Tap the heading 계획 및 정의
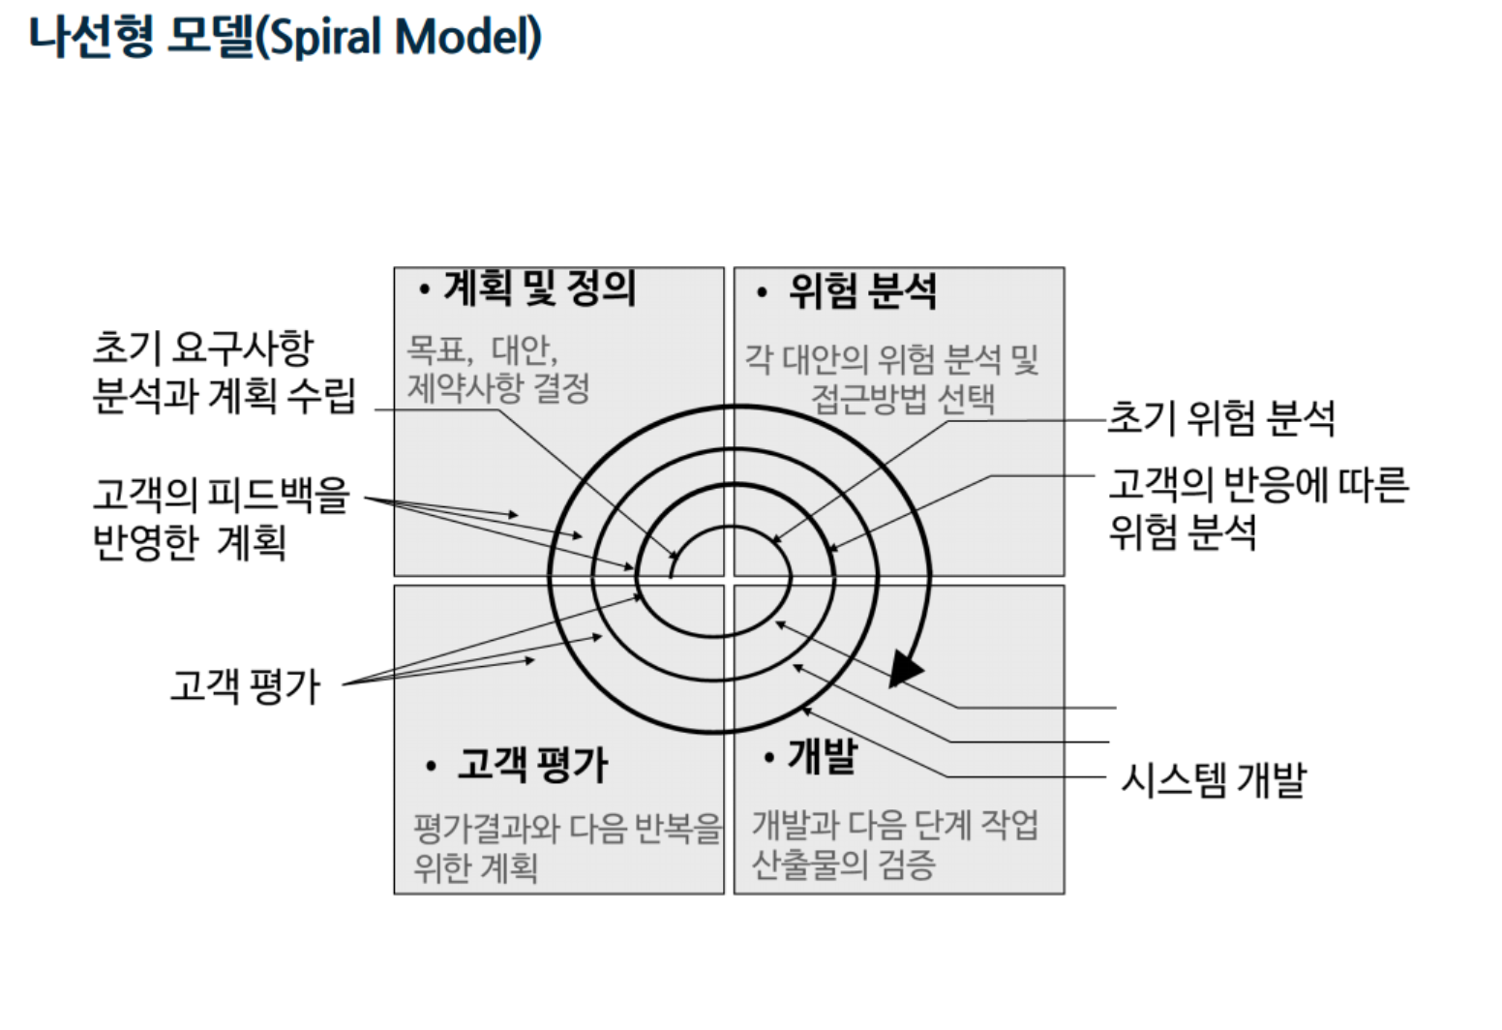tap(539, 288)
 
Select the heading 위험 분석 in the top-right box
tap(862, 290)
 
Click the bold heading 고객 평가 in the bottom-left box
tap(531, 765)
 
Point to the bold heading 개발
tap(823, 755)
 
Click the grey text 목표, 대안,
tap(482, 348)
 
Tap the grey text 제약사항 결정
tap(498, 388)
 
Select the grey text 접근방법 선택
tap(902, 398)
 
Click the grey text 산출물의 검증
tap(843, 863)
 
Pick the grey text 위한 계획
tap(475, 865)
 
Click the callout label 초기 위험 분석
tap(1220, 418)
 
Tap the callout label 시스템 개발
tap(1213, 779)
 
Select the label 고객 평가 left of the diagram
tap(245, 685)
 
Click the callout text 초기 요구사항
tap(203, 348)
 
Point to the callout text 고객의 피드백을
tap(221, 494)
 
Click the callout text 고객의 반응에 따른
tap(1258, 484)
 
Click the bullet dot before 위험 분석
tap(762, 291)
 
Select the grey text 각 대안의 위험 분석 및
tap(891, 359)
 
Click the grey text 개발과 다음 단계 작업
tap(895, 825)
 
